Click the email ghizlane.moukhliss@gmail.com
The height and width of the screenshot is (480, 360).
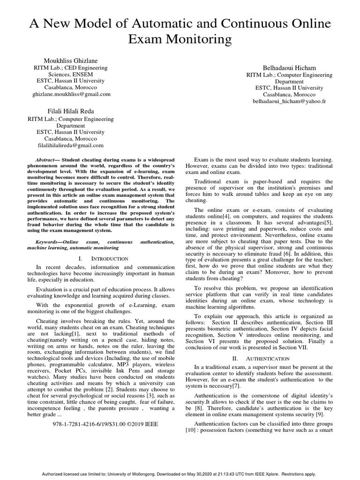[x=71, y=94]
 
